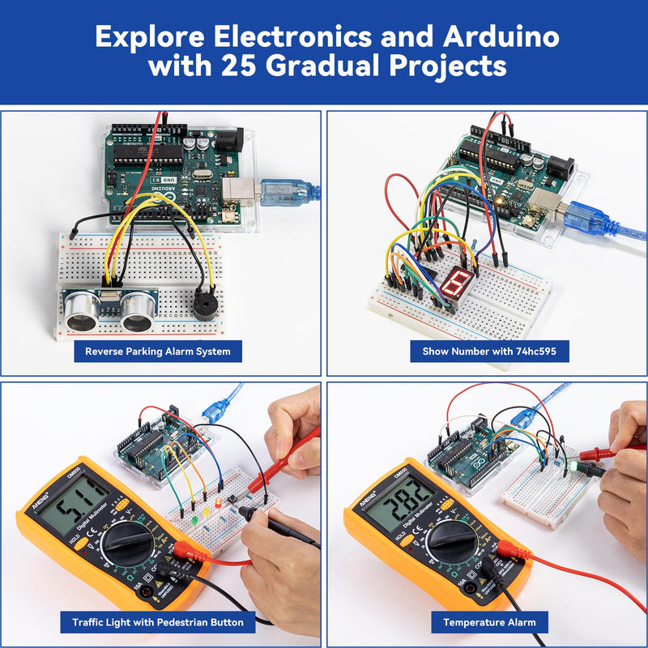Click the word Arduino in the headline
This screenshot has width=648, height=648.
coord(501,36)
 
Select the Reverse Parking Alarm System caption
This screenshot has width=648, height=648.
coord(158,351)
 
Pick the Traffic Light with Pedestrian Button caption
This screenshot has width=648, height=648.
coord(158,622)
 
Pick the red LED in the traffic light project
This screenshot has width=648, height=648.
coord(217,503)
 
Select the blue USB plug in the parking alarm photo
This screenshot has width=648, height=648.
coord(283,192)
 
